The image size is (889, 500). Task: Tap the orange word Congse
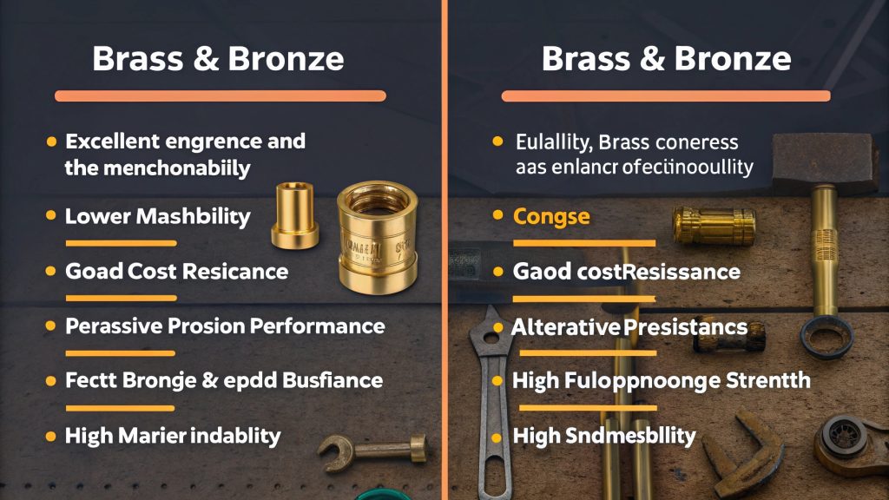tap(552, 216)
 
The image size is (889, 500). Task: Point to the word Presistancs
tap(686, 327)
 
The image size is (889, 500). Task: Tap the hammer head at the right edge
tap(817, 160)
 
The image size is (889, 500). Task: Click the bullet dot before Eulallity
tap(497, 141)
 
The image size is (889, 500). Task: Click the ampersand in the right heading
tap(641, 58)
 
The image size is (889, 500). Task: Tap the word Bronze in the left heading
tap(286, 58)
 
